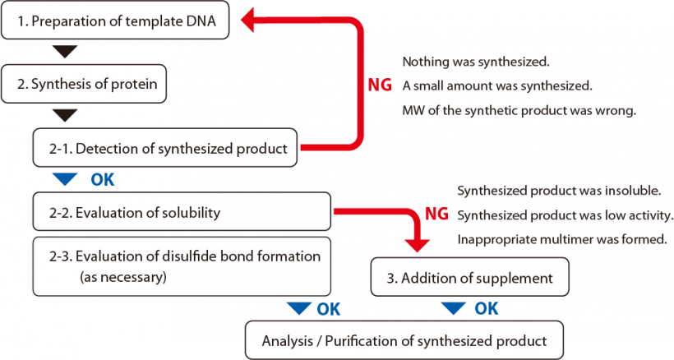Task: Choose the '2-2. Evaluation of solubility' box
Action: point(181,213)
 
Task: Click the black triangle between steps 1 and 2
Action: point(64,53)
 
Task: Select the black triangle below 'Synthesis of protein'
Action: point(64,114)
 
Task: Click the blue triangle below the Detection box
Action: point(64,178)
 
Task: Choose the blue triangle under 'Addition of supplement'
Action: point(454,309)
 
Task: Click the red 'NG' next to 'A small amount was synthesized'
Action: point(380,85)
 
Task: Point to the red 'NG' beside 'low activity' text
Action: point(436,215)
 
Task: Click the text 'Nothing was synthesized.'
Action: point(475,62)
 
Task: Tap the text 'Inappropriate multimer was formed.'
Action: point(561,241)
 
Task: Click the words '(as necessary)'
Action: point(122,277)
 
